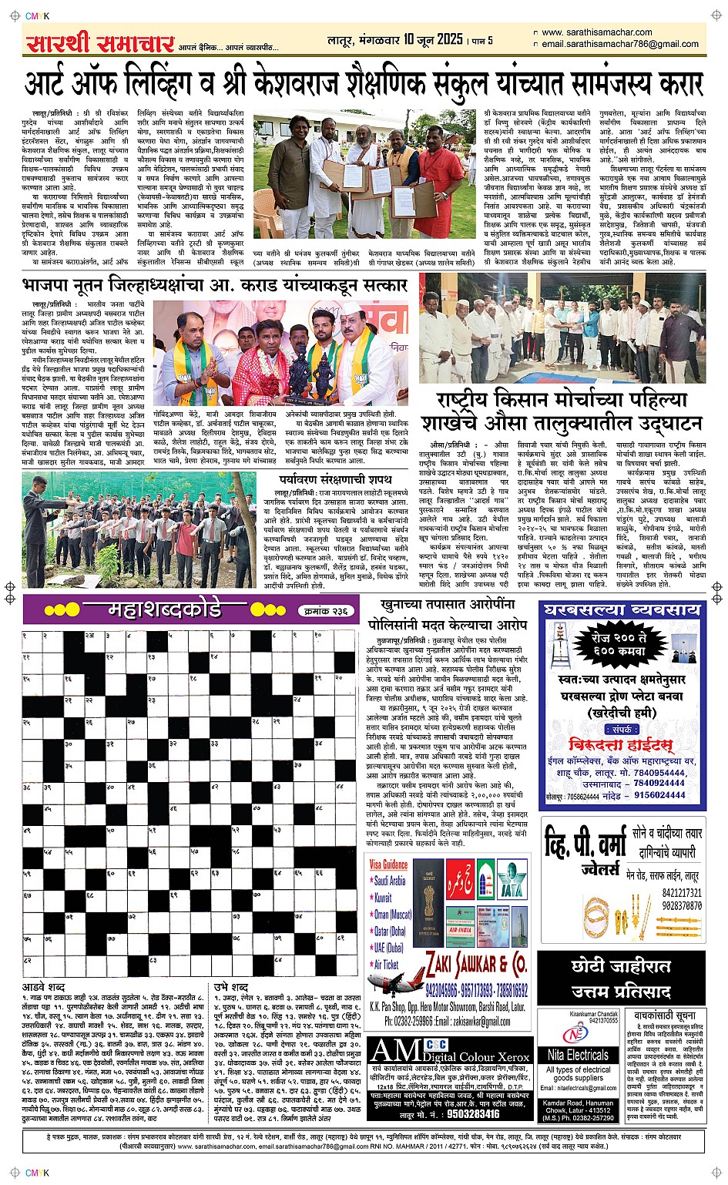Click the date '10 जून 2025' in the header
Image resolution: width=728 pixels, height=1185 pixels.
coord(432,39)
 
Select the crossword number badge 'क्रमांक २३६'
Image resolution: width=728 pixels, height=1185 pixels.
coord(327,610)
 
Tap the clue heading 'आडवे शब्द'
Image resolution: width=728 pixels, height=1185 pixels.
coord(43,987)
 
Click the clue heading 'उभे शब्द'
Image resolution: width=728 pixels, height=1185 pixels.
coord(230,987)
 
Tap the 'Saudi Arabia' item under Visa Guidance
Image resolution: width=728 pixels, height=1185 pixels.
coord(389,881)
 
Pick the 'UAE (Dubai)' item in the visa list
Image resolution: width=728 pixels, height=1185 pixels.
coord(388,948)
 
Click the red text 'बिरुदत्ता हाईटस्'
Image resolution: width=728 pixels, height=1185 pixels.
coord(621,745)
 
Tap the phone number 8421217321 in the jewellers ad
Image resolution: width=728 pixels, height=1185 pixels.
coord(682,894)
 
